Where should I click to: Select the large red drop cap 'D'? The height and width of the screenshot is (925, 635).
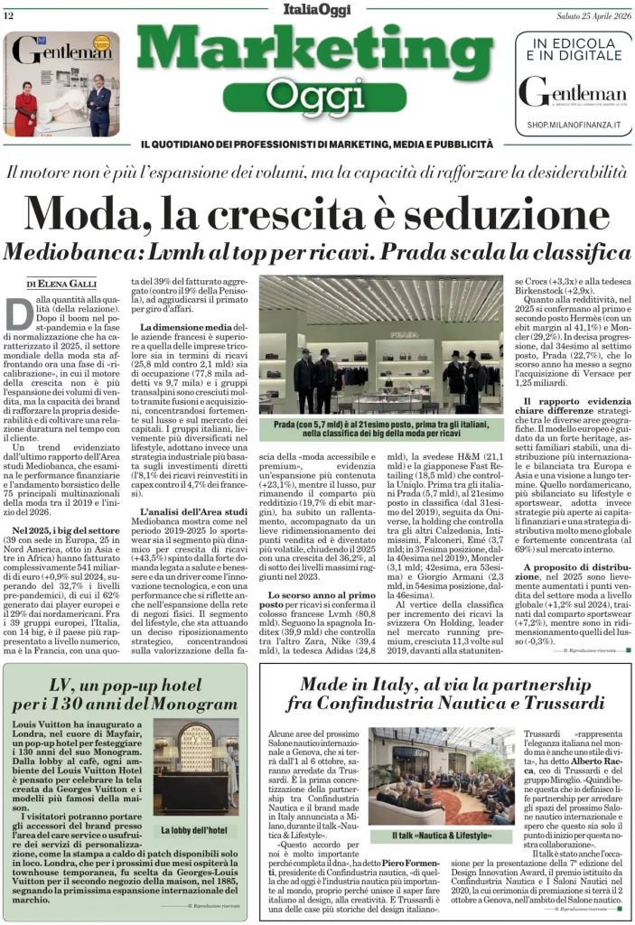20,315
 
